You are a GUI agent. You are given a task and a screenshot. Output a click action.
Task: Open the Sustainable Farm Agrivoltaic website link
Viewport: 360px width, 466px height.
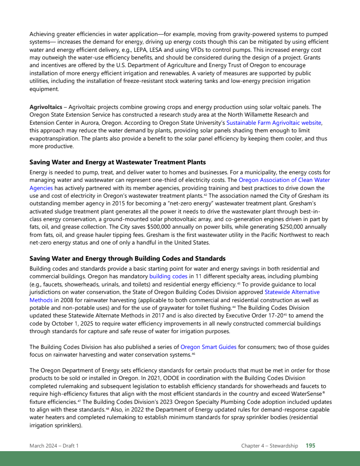pos(274,122)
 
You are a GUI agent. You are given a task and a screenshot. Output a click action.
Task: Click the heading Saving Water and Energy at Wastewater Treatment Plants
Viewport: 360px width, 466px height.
pos(117,162)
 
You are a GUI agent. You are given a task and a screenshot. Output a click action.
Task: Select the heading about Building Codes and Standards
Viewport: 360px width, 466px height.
pos(127,258)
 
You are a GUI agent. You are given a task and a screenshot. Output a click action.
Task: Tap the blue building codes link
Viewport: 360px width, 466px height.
pos(168,276)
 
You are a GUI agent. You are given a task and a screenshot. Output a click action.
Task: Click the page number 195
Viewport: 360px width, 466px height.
pos(310,446)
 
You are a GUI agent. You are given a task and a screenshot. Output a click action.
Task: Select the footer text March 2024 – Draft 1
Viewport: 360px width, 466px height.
pos(54,446)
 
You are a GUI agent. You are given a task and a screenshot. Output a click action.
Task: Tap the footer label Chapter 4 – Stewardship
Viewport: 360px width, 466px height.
pos(269,446)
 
